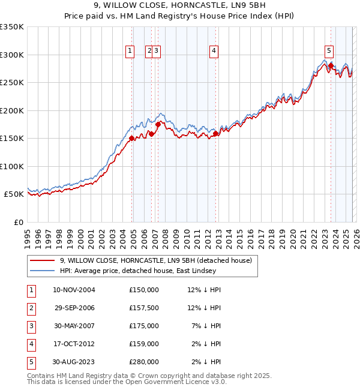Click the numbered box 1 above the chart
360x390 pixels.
coord(130,52)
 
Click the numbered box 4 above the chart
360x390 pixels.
coord(214,52)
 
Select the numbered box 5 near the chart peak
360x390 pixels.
coord(329,52)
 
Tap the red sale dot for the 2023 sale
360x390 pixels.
coord(331,65)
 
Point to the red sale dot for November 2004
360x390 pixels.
coord(131,138)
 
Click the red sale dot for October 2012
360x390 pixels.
coord(216,134)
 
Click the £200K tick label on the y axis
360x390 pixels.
coord(11,110)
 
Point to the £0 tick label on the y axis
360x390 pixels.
coord(18,222)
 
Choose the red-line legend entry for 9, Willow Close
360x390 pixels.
coord(159,260)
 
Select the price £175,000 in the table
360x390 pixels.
coord(144,326)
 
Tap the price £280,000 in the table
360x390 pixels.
coord(144,362)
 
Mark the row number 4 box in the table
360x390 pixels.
coord(31,344)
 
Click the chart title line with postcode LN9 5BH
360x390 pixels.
coord(180,6)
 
